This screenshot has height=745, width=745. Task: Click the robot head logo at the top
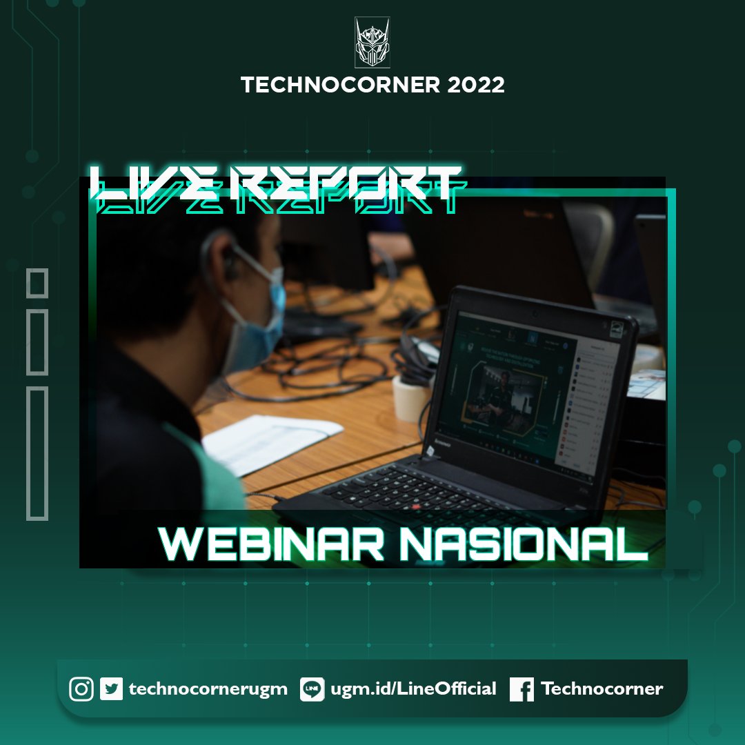372,43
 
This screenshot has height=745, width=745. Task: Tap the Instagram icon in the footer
81,689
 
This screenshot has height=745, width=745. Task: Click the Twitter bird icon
111,689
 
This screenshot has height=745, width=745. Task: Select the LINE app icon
312,689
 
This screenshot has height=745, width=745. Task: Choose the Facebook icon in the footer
521,689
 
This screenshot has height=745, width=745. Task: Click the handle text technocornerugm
208,689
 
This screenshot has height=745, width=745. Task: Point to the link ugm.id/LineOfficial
413,689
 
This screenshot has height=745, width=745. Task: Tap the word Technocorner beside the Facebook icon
602,689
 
